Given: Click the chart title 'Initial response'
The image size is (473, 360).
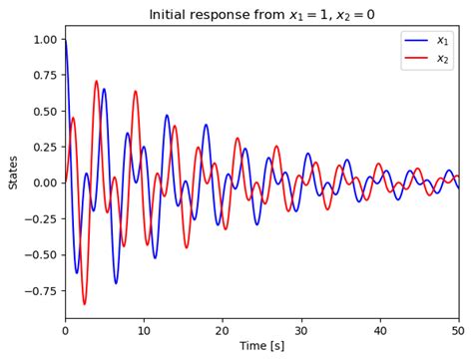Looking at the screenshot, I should pyautogui.click(x=261, y=14).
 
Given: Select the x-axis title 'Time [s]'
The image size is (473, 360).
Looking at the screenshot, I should pyautogui.click(x=261, y=345).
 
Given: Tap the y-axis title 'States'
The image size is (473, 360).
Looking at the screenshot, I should pyautogui.click(x=13, y=172).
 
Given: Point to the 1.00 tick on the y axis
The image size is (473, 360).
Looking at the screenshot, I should pyautogui.click(x=43, y=39).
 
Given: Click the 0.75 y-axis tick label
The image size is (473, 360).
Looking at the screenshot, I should pyautogui.click(x=43, y=75).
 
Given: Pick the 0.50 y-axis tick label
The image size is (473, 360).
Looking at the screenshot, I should pyautogui.click(x=43, y=111).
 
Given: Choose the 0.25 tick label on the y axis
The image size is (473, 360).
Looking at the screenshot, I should pyautogui.click(x=43, y=147).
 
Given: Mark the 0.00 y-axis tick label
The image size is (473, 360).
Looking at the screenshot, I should pyautogui.click(x=43, y=182).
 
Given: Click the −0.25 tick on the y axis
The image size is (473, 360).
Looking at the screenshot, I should pyautogui.click(x=40, y=218).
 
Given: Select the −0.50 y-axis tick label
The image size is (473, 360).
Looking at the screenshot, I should pyautogui.click(x=40, y=254).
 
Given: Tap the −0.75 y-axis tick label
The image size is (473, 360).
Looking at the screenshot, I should pyautogui.click(x=40, y=290).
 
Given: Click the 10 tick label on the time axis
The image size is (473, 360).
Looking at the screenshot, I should pyautogui.click(x=144, y=330).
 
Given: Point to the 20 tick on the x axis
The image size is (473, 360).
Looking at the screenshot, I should pyautogui.click(x=223, y=330).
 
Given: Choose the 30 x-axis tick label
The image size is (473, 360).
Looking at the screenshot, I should pyautogui.click(x=301, y=330).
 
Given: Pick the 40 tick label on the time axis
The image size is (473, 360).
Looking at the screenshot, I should pyautogui.click(x=380, y=330).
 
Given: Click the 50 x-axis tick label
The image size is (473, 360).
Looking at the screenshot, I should pyautogui.click(x=458, y=330).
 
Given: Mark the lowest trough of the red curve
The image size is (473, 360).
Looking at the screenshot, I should pyautogui.click(x=85, y=304).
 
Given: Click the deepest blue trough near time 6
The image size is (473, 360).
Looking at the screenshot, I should pyautogui.click(x=116, y=283).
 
